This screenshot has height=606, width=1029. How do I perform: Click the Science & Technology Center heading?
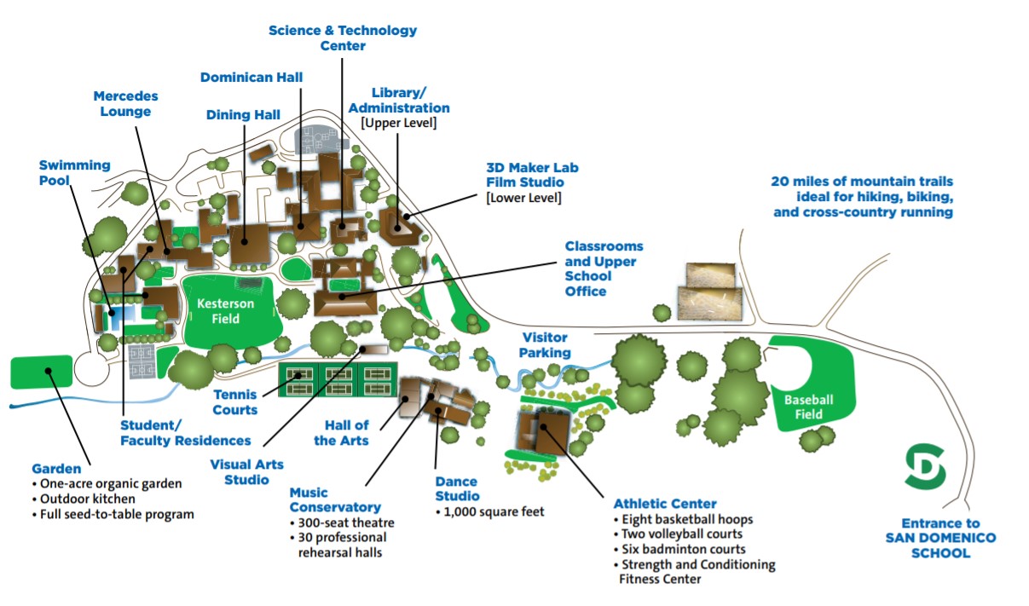pyautogui.click(x=343, y=38)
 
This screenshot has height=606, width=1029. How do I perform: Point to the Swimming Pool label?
pyautogui.click(x=74, y=173)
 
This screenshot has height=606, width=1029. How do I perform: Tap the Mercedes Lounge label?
pyautogui.click(x=125, y=104)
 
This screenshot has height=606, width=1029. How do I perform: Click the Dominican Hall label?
pyautogui.click(x=251, y=78)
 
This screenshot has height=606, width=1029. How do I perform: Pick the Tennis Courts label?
pyautogui.click(x=235, y=402)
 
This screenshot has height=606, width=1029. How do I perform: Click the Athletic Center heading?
pyautogui.click(x=665, y=504)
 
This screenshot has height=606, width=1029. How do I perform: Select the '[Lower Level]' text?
pyautogui.click(x=523, y=198)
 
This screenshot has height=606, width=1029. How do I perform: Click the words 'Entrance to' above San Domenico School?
pyautogui.click(x=940, y=523)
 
